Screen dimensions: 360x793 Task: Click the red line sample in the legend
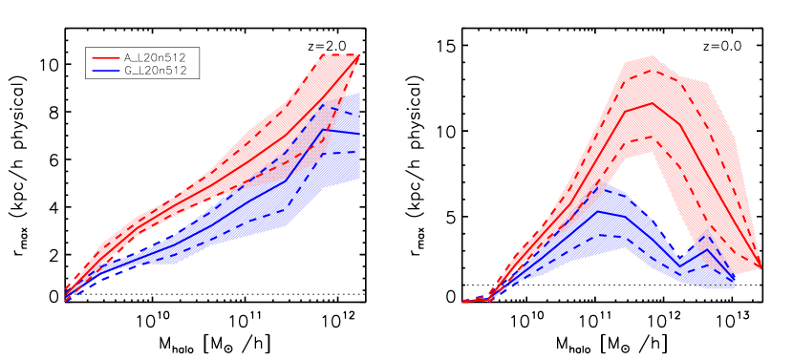click(x=106, y=57)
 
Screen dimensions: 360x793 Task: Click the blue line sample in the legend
click(x=106, y=71)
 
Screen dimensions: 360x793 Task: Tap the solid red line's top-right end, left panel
click(x=359, y=55)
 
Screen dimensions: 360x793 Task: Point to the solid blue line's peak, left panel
click(x=323, y=130)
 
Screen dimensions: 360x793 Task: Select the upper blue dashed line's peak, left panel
click(x=323, y=105)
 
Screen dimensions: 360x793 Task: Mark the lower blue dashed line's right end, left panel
click(x=359, y=152)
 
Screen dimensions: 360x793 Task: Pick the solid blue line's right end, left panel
click(x=359, y=134)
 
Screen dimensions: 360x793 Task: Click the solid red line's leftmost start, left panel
click(x=65, y=294)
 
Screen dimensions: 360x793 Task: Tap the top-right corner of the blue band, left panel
click(x=359, y=94)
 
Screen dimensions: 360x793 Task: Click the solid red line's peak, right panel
click(x=653, y=103)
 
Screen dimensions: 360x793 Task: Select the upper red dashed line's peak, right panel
click(x=653, y=69)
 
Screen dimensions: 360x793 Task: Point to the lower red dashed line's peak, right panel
click(x=653, y=136)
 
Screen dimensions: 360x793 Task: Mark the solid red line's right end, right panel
click(x=761, y=266)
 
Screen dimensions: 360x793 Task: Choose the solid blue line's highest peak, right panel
click(x=599, y=211)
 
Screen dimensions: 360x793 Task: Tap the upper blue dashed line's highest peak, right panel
click(x=599, y=186)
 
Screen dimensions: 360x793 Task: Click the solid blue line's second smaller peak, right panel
click(x=707, y=250)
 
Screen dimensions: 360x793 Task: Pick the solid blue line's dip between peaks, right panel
click(x=679, y=264)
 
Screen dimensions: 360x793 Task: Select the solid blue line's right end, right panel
click(x=735, y=281)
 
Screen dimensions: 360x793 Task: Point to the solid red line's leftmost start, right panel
click(x=463, y=302)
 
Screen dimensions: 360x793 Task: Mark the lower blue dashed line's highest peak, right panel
click(x=599, y=235)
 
